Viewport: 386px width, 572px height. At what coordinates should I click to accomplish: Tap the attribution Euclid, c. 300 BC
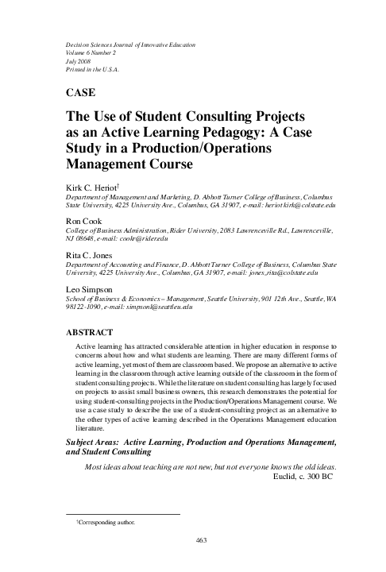click(x=305, y=478)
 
